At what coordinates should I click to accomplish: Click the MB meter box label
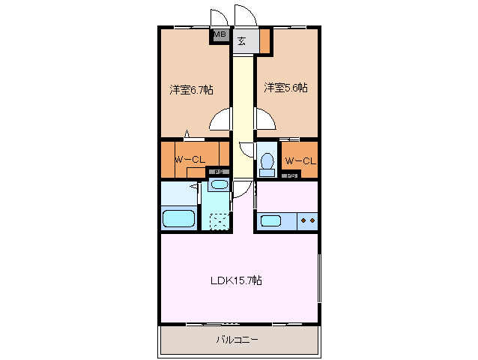pyautogui.click(x=220, y=34)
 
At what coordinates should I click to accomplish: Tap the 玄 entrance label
pyautogui.click(x=242, y=40)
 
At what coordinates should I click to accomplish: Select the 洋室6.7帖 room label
pyautogui.click(x=190, y=90)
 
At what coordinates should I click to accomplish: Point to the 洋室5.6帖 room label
pyautogui.click(x=285, y=88)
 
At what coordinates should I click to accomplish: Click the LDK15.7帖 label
pyautogui.click(x=235, y=280)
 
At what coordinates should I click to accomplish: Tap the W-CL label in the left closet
pyautogui.click(x=190, y=160)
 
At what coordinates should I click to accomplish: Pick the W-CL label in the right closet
pyautogui.click(x=299, y=160)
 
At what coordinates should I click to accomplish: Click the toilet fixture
pyautogui.click(x=267, y=163)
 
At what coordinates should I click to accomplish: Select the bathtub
pyautogui.click(x=179, y=220)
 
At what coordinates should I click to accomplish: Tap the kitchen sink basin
pyautogui.click(x=270, y=221)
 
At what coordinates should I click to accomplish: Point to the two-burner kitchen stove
pyautogui.click(x=307, y=221)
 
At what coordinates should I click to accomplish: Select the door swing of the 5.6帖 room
pyautogui.click(x=265, y=119)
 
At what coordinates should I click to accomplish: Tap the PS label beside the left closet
pyautogui.click(x=218, y=172)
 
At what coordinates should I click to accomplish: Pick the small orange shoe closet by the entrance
pyautogui.click(x=264, y=40)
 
